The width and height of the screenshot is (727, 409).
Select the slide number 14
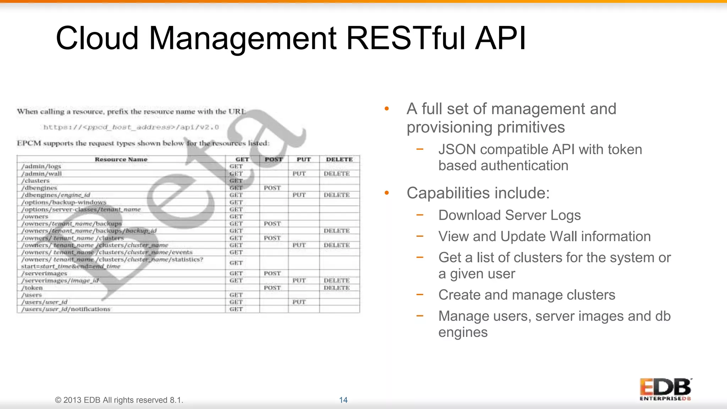(343, 400)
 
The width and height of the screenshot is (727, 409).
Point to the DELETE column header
(339, 159)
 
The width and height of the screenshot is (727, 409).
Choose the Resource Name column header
(121, 159)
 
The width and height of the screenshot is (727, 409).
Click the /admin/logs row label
(41, 167)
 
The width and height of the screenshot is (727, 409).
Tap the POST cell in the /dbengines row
(272, 188)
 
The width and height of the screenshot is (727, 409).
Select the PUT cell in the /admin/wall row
(299, 174)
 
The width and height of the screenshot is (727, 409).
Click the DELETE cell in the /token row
(337, 288)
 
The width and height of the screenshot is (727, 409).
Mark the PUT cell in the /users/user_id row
(299, 302)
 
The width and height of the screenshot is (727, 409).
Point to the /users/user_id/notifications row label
(66, 309)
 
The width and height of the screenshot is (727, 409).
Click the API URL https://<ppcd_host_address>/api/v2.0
(131, 127)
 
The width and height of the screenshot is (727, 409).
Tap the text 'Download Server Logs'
(509, 215)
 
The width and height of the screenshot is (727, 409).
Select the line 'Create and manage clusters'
(526, 295)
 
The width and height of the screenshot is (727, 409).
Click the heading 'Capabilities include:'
(478, 193)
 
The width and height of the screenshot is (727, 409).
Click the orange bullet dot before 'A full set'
(387, 109)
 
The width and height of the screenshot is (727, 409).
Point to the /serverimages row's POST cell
(272, 273)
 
